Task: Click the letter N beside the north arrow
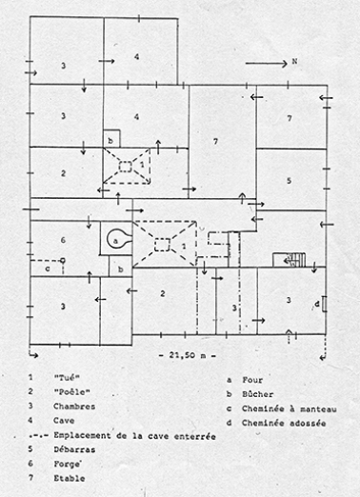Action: click(296, 62)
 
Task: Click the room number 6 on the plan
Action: click(62, 239)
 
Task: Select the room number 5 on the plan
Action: click(288, 179)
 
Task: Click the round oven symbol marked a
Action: click(118, 238)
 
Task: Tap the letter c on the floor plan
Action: click(47, 268)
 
